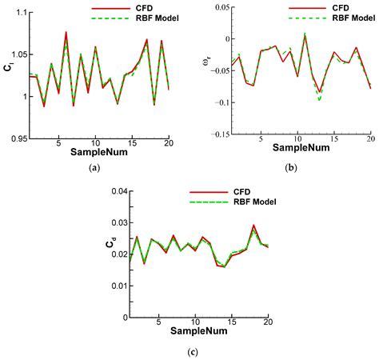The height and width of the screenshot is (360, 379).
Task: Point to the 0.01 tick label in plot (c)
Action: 118,285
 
